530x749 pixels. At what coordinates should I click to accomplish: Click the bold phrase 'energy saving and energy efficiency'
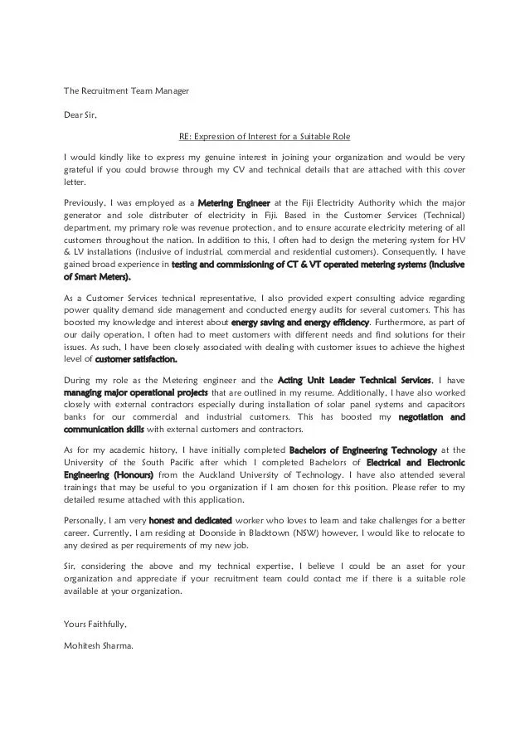tap(300, 321)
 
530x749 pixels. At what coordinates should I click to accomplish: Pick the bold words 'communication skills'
tap(104, 430)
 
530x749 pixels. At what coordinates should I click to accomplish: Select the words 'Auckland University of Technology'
tap(226, 475)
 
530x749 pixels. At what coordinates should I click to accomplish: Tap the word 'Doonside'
tap(241, 533)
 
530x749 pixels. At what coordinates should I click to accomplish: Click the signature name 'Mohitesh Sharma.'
tap(98, 646)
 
